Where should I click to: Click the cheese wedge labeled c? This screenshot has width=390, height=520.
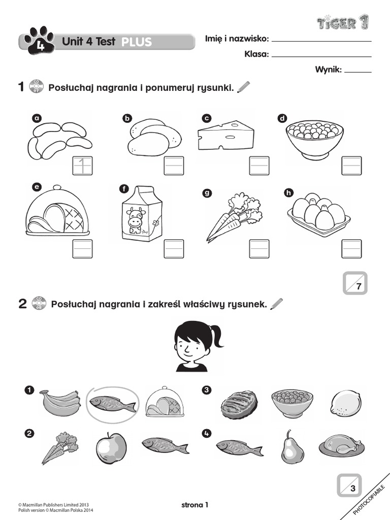[225, 135]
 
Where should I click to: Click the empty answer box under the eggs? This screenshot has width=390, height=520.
[351, 249]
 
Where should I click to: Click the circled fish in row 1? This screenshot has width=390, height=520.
[112, 404]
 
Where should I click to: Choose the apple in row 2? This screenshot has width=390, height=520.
[111, 449]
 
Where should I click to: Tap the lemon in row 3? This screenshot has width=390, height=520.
[346, 404]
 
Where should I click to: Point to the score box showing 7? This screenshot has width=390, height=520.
[355, 283]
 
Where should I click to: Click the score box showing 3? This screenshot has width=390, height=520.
[349, 485]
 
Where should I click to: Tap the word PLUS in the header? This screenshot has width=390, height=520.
[137, 42]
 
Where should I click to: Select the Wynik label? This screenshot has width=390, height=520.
[328, 70]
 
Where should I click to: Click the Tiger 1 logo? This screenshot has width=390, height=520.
[343, 22]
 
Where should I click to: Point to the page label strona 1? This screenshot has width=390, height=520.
[195, 505]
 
